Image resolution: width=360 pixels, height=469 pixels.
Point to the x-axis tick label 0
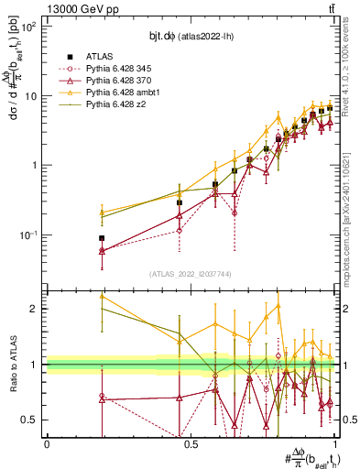47,444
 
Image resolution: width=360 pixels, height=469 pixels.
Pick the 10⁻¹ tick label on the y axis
28,234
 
